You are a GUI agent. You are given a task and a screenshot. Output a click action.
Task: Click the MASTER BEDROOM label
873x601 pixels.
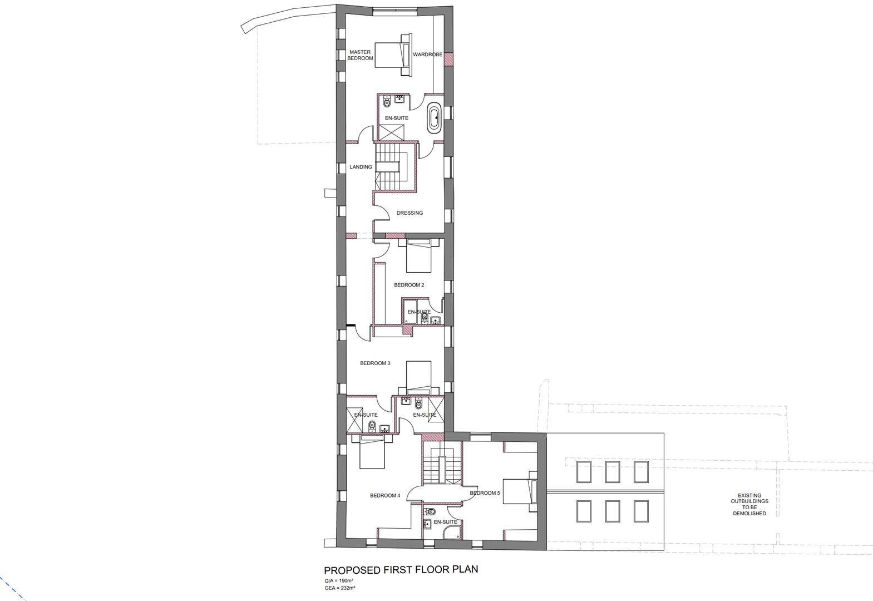(360, 55)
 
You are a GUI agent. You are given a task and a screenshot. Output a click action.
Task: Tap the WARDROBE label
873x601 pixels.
(427, 55)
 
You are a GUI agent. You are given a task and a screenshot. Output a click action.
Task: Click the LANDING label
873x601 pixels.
(361, 167)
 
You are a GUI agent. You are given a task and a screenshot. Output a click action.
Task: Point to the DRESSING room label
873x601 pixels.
(410, 213)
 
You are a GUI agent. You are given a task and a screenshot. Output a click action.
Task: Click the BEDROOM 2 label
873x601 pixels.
(409, 285)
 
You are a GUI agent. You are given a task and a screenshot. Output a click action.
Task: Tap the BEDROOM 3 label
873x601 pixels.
(375, 363)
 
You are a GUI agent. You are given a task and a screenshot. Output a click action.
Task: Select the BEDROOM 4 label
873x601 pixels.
(385, 495)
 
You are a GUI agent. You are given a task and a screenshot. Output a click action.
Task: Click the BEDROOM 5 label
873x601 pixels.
(485, 493)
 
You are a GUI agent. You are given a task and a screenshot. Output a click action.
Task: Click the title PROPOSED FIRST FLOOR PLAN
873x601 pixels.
(401, 569)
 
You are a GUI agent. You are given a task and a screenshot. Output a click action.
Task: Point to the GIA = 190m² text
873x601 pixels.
(339, 581)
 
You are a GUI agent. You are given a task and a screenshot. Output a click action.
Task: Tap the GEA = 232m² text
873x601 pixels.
(339, 588)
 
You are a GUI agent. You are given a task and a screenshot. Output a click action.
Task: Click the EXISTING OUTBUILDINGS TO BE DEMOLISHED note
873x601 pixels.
(749, 504)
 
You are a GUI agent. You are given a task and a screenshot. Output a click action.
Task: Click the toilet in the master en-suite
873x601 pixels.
(387, 104)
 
